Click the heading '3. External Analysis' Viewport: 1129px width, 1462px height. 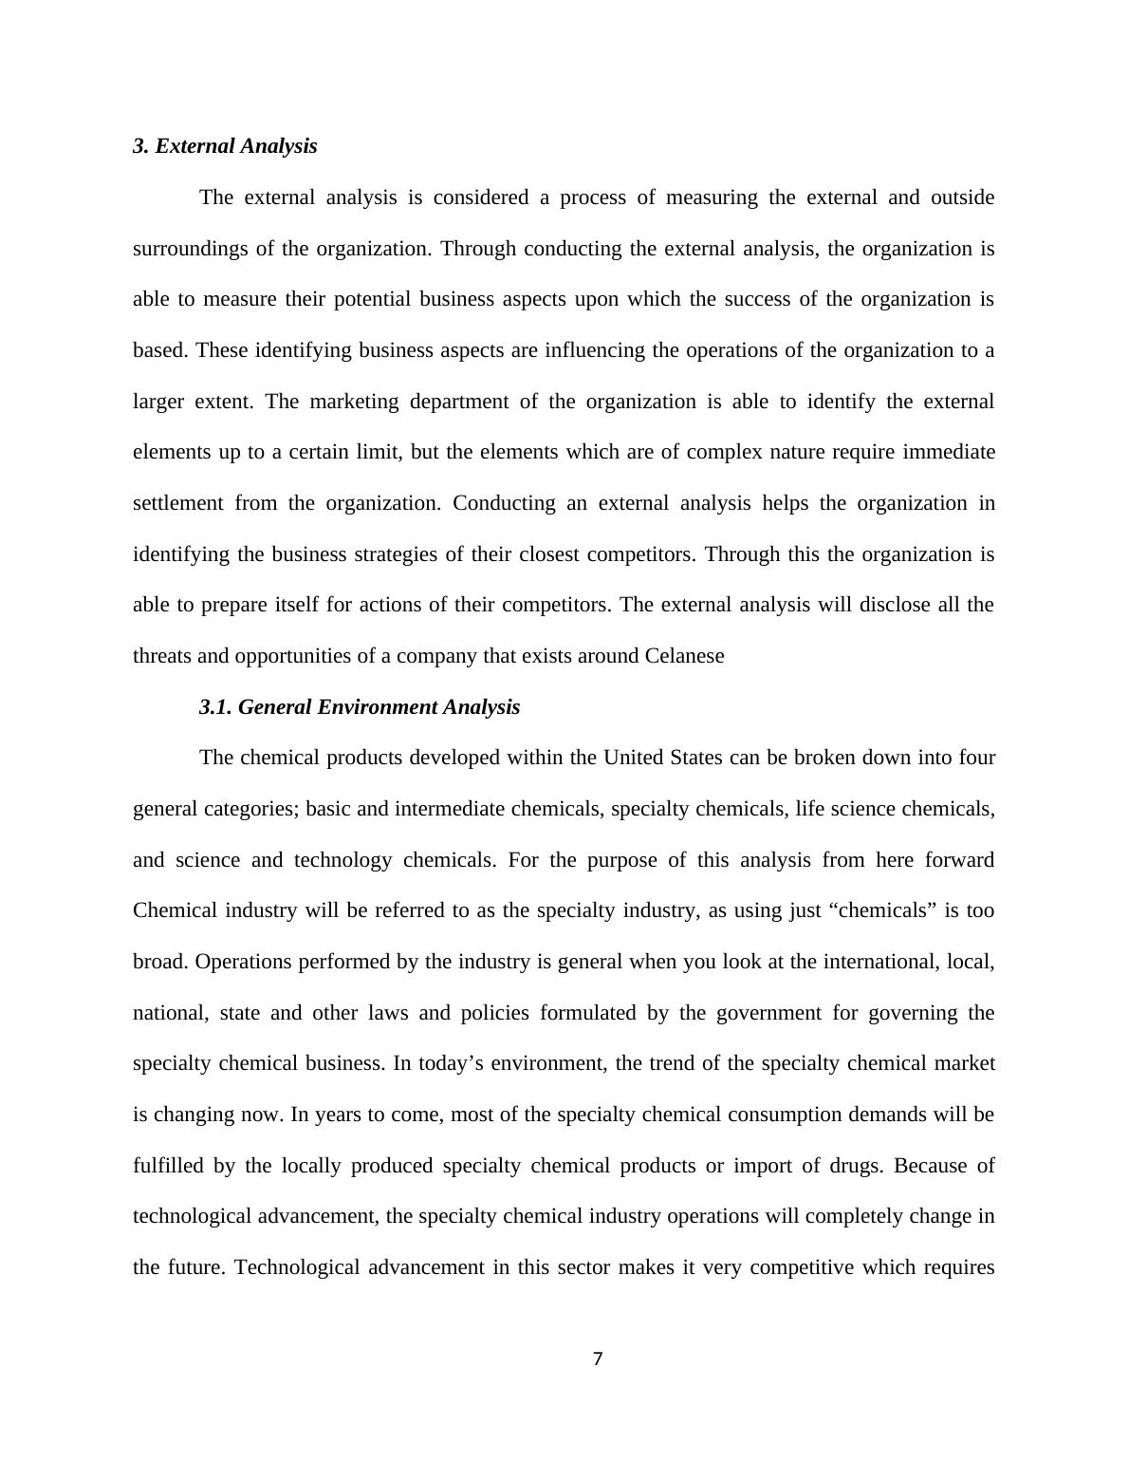coord(225,146)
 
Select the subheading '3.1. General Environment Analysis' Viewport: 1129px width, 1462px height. coord(360,707)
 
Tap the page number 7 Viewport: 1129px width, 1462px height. coord(598,1359)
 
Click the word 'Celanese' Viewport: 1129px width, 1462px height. coord(684,656)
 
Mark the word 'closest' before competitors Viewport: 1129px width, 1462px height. coord(549,554)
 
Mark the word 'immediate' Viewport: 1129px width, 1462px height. coord(948,452)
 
